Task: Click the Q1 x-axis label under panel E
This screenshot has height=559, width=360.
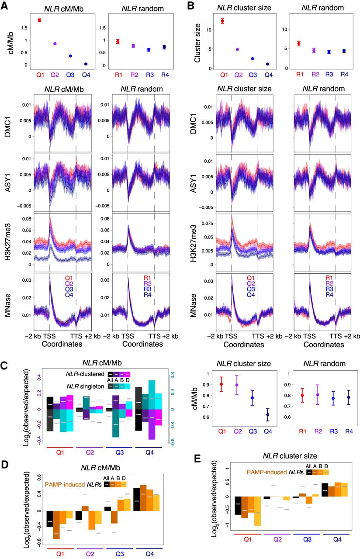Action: point(246,538)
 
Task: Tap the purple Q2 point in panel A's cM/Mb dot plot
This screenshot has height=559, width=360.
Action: point(55,44)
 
